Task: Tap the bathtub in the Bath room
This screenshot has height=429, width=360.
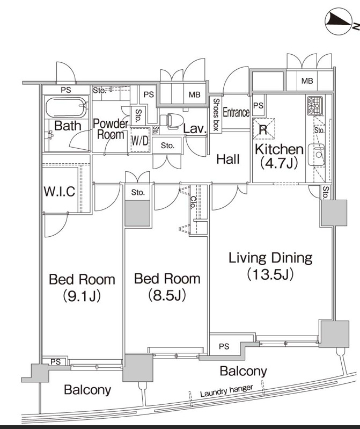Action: pyautogui.click(x=66, y=109)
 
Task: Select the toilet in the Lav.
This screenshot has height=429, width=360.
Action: pyautogui.click(x=173, y=122)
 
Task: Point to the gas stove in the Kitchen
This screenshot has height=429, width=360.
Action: pyautogui.click(x=313, y=106)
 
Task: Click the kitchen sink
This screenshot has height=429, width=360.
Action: pyautogui.click(x=317, y=155)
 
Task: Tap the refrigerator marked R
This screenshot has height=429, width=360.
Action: pyautogui.click(x=263, y=128)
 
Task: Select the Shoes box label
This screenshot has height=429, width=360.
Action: pyautogui.click(x=216, y=114)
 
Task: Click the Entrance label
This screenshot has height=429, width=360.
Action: pyautogui.click(x=236, y=113)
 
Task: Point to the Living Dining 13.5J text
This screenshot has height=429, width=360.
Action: pyautogui.click(x=270, y=266)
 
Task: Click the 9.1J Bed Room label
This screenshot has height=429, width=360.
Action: pyautogui.click(x=82, y=287)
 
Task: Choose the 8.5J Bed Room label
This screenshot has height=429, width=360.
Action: pyautogui.click(x=167, y=286)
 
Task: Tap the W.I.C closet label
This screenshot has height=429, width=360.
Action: pyautogui.click(x=60, y=192)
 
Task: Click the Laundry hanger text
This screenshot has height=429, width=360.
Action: pyautogui.click(x=226, y=391)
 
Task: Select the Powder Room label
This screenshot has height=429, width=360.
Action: pyautogui.click(x=111, y=129)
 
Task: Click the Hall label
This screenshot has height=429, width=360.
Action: pyautogui.click(x=228, y=159)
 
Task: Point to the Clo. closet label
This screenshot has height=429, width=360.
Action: pyautogui.click(x=193, y=202)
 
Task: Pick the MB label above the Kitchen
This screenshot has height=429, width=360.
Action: pyautogui.click(x=307, y=81)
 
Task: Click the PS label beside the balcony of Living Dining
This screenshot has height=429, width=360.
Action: pyautogui.click(x=224, y=346)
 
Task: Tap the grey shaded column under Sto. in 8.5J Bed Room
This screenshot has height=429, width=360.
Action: pyautogui.click(x=138, y=213)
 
